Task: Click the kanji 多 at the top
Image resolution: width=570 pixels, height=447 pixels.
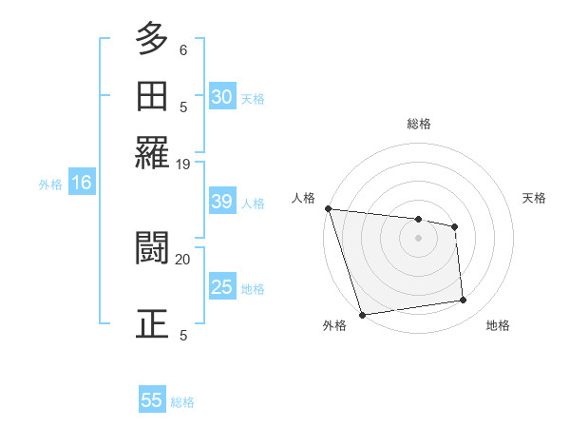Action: point(152,41)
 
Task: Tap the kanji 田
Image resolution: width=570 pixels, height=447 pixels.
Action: point(152,96)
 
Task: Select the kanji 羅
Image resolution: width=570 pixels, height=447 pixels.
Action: point(152,151)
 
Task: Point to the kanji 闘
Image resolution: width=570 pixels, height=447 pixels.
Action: point(152,248)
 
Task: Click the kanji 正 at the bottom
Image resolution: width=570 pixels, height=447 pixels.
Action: point(152,322)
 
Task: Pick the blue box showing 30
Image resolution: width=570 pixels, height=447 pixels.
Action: point(222,97)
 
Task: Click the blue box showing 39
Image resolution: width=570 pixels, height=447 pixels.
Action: point(222,203)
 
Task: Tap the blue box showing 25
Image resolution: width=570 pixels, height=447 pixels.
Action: point(222,287)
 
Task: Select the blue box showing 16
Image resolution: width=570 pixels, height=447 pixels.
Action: point(82,184)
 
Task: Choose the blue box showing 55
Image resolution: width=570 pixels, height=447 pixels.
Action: point(152,400)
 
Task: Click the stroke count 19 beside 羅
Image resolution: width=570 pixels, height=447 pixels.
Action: point(183,164)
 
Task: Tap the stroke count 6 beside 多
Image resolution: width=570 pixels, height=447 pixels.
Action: point(183,49)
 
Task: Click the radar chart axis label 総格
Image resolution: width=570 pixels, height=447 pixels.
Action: point(419,124)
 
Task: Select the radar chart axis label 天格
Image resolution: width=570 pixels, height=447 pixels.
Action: point(535,198)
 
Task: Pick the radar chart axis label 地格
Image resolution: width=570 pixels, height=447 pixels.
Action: point(498,326)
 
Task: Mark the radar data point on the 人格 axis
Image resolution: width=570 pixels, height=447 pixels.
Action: point(328,208)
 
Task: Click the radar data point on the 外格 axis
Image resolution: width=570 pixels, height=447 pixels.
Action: point(362,315)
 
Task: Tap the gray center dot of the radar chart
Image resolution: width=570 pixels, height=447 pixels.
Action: point(419,238)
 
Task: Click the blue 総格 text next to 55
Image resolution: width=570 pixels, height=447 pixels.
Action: point(183,402)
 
